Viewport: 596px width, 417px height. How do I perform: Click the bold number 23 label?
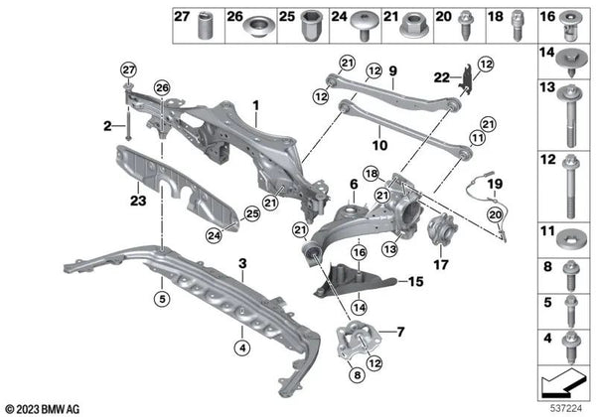click(138, 201)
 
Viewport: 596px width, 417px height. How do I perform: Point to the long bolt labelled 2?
click(128, 123)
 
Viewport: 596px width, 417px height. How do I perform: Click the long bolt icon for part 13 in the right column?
click(570, 116)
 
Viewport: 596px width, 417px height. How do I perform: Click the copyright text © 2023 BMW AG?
click(43, 409)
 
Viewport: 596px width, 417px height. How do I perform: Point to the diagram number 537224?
click(566, 408)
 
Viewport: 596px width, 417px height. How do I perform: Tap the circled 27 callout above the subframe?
click(129, 69)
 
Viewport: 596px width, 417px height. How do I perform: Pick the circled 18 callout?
click(371, 174)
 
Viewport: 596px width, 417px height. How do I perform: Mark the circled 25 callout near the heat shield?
click(252, 213)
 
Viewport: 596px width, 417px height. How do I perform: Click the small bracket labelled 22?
click(466, 79)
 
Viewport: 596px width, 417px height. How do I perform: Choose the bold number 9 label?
click(392, 70)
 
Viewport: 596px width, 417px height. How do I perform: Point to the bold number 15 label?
click(415, 281)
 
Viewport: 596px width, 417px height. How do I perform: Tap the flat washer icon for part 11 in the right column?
click(569, 242)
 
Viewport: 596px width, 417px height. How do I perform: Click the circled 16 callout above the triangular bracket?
click(360, 252)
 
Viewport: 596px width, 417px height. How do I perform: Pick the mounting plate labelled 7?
click(358, 341)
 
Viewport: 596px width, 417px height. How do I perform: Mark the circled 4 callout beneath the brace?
click(242, 347)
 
